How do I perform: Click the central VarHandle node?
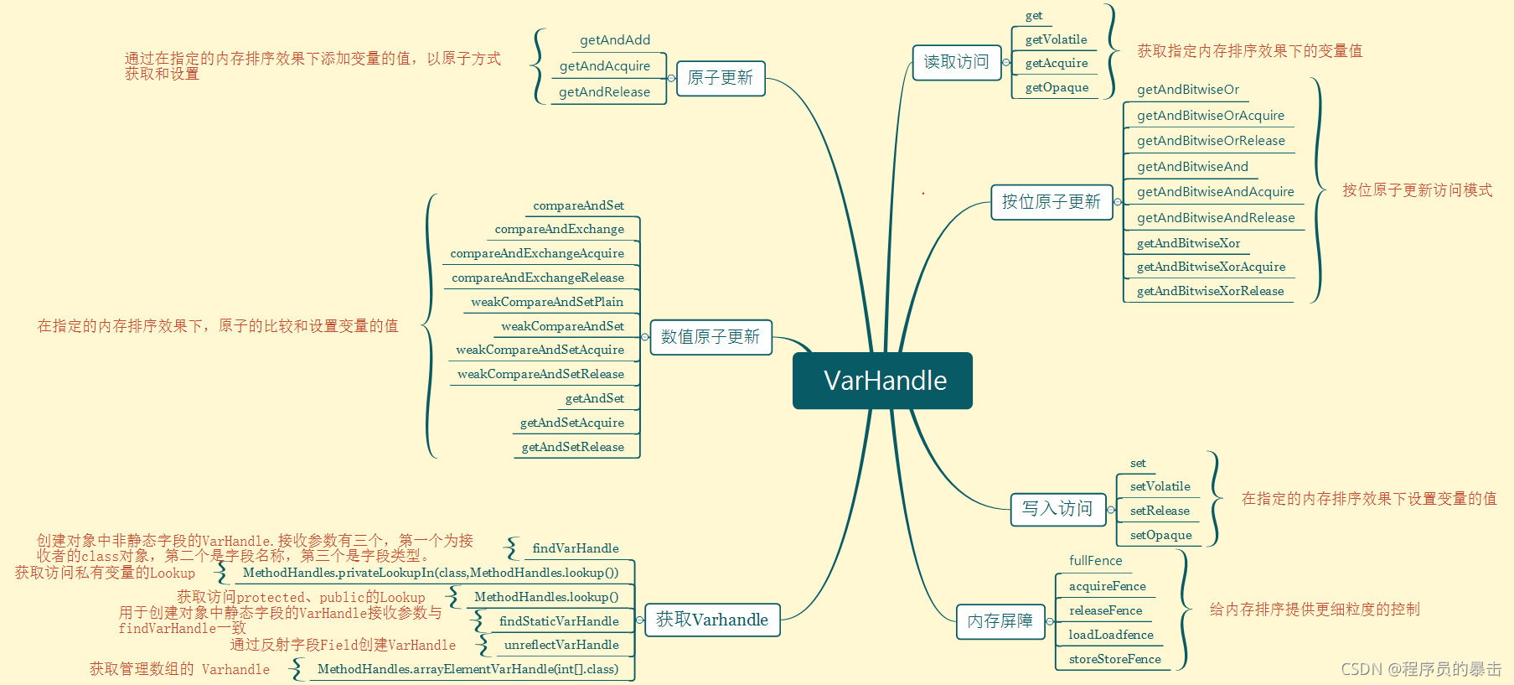tap(882, 381)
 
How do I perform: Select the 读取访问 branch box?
tap(956, 62)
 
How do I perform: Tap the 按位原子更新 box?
tap(1051, 202)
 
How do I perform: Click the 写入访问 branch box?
tap(1057, 509)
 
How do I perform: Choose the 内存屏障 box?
tap(1000, 621)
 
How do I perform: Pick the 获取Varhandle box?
tap(711, 620)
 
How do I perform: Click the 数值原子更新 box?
tap(710, 337)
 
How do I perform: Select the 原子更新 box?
tap(720, 78)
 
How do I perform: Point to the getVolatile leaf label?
tap(1056, 39)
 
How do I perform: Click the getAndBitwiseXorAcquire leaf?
tap(1211, 267)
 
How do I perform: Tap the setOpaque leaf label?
tap(1160, 535)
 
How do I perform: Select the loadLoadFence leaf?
tap(1111, 635)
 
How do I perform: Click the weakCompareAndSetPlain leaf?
tap(547, 302)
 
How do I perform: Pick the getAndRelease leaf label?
tap(604, 92)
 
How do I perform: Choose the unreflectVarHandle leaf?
tap(561, 645)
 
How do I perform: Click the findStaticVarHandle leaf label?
tap(559, 621)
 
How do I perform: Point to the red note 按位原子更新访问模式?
tap(1417, 190)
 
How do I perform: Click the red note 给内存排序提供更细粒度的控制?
tap(1314, 610)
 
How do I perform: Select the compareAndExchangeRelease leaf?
tap(538, 278)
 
